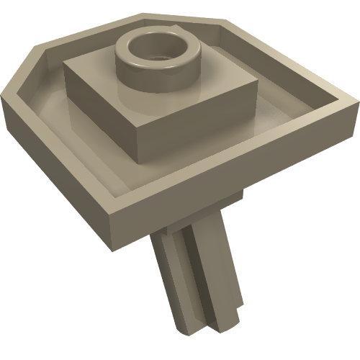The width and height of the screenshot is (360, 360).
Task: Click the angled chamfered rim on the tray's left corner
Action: pyautogui.click(x=22, y=69)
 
